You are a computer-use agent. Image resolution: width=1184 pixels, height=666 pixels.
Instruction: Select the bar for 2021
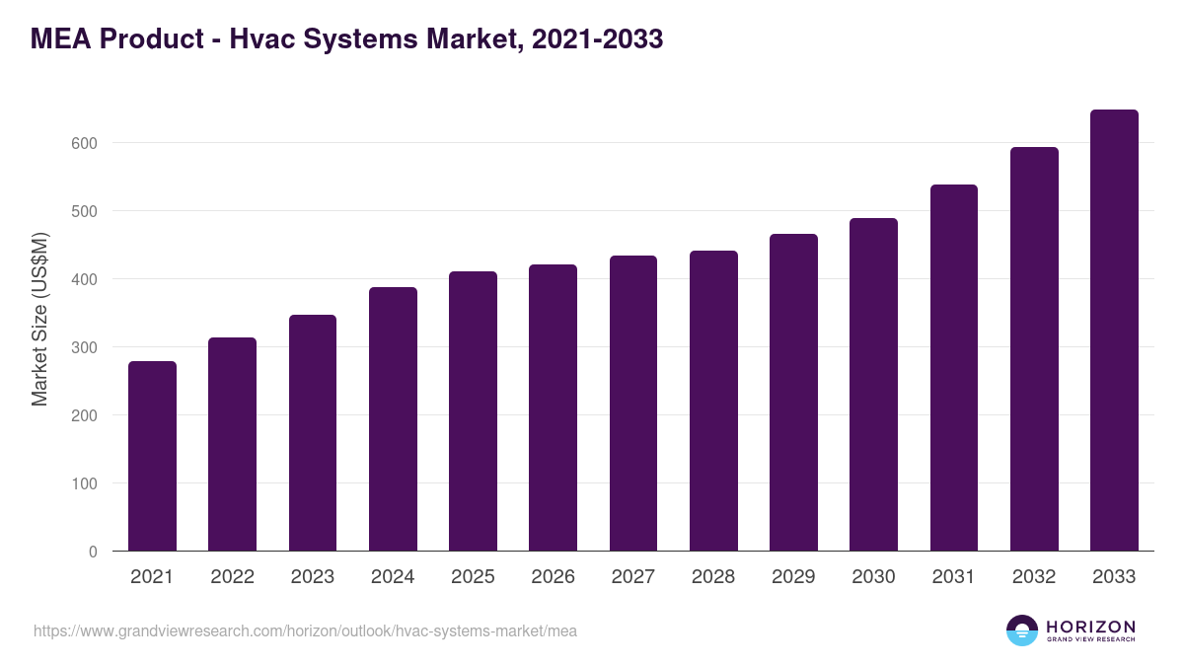tap(152, 456)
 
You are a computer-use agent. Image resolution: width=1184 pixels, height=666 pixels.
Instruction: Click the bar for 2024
tap(393, 419)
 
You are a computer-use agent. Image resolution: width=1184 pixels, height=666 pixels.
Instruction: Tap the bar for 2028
tap(713, 401)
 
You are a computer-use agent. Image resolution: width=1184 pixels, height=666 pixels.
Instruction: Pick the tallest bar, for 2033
tap(1114, 331)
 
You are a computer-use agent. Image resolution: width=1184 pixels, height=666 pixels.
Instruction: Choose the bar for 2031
tap(953, 367)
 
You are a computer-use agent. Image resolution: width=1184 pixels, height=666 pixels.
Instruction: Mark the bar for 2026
tap(553, 407)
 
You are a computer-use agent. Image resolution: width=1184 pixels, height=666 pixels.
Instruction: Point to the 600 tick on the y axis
tap(84, 143)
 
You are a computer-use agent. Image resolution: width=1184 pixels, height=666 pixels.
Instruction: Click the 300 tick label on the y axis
tap(84, 347)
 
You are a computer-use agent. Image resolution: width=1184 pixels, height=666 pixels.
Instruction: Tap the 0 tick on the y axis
tap(93, 552)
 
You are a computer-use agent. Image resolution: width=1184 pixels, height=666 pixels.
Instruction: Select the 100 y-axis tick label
tap(84, 483)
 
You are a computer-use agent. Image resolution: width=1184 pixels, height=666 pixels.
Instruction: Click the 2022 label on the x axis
tap(232, 577)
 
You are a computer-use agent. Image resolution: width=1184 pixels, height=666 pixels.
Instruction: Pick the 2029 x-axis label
tap(793, 577)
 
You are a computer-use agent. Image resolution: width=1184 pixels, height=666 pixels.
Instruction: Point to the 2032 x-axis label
tap(1034, 577)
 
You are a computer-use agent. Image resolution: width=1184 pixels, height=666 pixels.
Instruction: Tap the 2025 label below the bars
tap(473, 577)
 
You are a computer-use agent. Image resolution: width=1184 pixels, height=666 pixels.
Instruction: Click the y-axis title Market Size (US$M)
tap(39, 318)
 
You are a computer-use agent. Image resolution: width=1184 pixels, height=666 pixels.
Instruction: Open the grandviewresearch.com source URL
tap(305, 630)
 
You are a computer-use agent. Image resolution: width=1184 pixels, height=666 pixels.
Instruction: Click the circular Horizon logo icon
tap(1022, 630)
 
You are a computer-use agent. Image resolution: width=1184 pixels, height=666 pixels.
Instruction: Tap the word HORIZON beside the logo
tap(1090, 627)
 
